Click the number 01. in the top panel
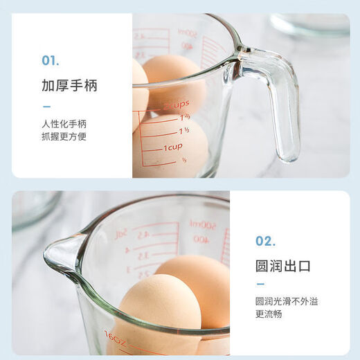tap(50, 60)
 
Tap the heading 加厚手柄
tap(69, 87)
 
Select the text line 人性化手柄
tap(64, 124)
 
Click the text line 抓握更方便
tap(64, 136)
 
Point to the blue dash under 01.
tap(46, 107)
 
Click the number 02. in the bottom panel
tap(265, 241)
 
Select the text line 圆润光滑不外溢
tap(289, 302)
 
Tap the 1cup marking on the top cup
tap(173, 147)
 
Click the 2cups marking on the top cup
tap(177, 105)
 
